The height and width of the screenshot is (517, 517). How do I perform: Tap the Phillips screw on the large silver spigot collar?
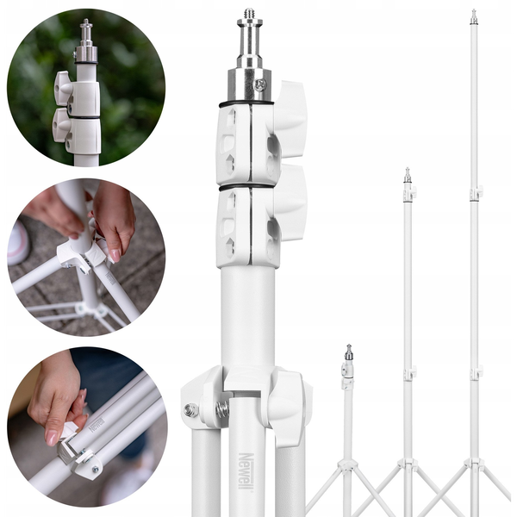(x=260, y=85)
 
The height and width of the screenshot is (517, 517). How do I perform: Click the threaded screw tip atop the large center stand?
(x=250, y=14)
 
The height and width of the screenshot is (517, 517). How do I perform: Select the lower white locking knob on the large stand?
(x=291, y=202)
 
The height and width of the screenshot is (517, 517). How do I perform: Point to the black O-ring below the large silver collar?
(x=246, y=104)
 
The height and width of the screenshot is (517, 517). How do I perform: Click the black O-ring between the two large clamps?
(x=246, y=187)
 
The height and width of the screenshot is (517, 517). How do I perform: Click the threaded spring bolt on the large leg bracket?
(x=223, y=410)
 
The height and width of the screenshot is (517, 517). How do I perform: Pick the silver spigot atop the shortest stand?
(x=349, y=352)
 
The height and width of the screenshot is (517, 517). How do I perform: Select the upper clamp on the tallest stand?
(x=477, y=193)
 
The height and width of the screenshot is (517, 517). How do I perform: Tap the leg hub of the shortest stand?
(x=348, y=466)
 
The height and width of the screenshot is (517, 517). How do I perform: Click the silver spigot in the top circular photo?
(x=86, y=42)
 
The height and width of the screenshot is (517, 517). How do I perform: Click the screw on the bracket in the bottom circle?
(x=96, y=470)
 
